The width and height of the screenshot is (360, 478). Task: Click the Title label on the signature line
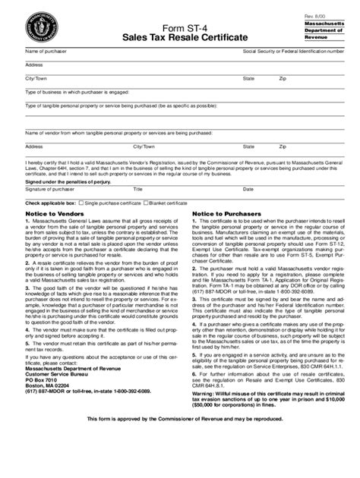click(x=138, y=189)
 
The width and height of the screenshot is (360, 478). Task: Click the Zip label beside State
click(x=283, y=78)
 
